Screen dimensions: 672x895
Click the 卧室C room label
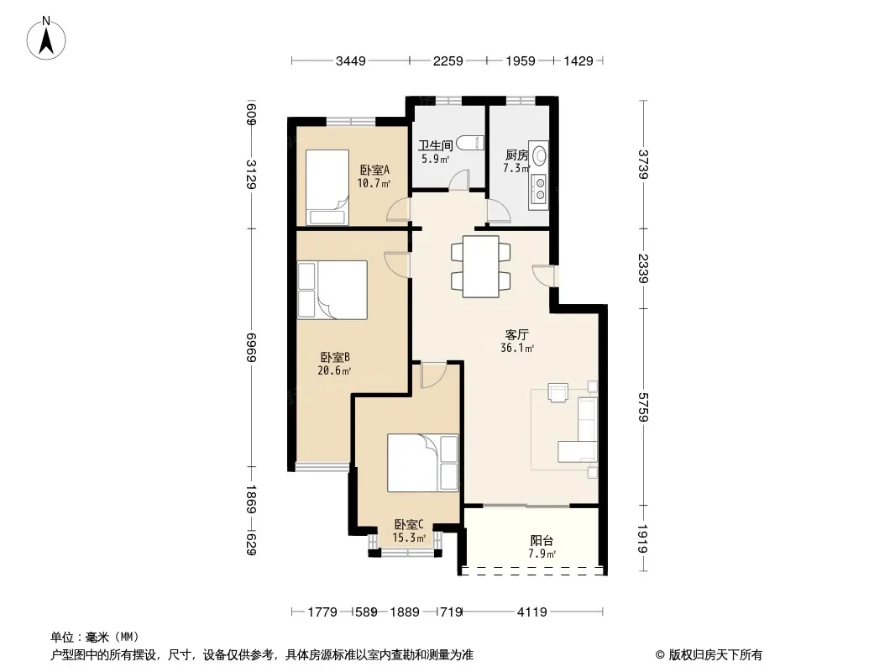408,525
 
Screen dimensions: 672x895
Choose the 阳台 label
542,540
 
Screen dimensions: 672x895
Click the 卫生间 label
436,144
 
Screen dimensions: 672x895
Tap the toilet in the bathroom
475,144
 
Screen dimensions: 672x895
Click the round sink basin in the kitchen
540,155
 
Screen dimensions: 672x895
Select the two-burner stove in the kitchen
540,188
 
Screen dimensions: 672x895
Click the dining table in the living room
480,266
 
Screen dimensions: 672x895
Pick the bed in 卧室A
326,186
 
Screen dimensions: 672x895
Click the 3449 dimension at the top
350,60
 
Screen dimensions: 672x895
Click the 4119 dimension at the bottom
531,612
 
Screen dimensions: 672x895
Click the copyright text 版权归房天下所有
709,654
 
